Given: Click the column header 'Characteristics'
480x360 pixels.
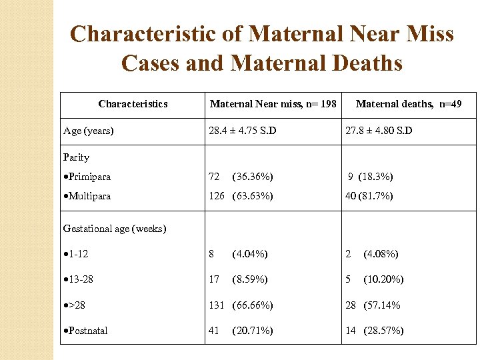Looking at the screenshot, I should click(133, 104).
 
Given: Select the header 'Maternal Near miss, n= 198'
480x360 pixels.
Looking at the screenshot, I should click(273, 104).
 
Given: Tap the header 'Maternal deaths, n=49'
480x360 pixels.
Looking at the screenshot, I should click(408, 104).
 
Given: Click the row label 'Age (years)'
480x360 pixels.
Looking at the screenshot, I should click(88, 131).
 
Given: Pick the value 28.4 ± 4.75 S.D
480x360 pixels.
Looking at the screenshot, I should click(242, 131).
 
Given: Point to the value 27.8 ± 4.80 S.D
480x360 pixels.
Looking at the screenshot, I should click(379, 131).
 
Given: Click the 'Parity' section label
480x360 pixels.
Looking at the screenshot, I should click(76, 157).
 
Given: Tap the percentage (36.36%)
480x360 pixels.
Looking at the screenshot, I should click(252, 177).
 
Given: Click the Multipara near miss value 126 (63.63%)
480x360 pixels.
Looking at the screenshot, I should click(241, 196).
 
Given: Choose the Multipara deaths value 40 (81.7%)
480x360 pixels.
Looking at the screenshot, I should click(369, 196).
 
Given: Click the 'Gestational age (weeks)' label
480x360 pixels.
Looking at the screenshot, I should click(115, 229).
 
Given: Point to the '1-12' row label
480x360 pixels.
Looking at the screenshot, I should click(77, 254).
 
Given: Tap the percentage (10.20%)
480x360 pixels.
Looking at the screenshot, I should click(383, 279).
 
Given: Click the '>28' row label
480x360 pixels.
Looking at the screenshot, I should click(75, 305).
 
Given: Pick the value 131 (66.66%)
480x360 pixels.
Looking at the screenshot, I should click(241, 305).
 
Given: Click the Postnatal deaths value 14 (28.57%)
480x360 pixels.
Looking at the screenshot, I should click(374, 331).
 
